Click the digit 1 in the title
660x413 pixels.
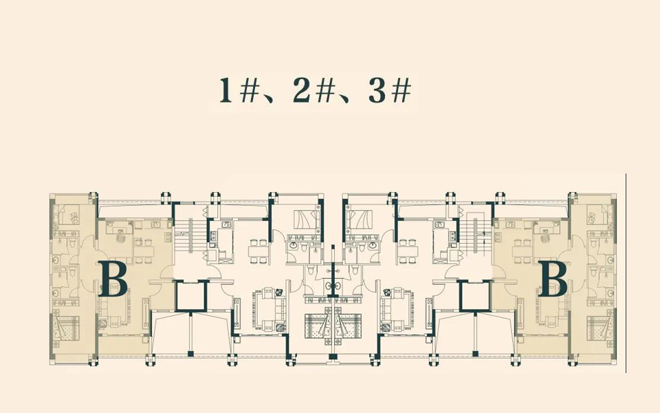coord(225,91)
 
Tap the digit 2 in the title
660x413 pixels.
coord(301,91)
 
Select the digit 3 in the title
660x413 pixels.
coord(377,91)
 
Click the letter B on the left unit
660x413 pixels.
coord(113,279)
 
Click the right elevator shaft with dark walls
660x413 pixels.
coord(476,296)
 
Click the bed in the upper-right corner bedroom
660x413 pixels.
coord(599,215)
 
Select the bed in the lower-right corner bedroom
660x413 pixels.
coord(599,328)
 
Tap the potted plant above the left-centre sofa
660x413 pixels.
coord(278,292)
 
